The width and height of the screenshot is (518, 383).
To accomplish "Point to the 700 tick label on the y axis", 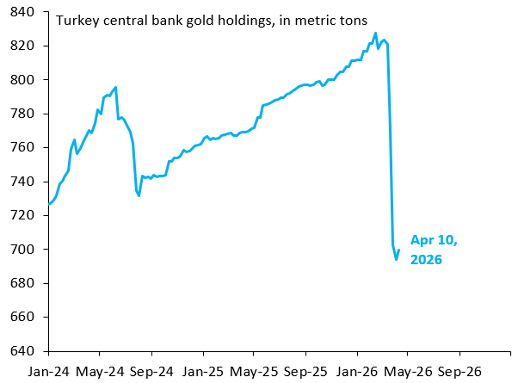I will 25,250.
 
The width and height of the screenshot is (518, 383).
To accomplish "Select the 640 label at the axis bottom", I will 25,351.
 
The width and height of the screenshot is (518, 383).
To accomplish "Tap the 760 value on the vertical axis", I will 25,148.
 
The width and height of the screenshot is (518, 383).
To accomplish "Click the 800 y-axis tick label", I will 25,80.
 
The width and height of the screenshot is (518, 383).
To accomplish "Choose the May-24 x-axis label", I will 100,371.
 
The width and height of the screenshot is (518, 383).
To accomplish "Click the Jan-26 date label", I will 357,371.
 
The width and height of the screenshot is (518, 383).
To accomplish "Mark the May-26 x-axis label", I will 408,371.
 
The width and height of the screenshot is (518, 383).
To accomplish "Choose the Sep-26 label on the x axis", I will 459,371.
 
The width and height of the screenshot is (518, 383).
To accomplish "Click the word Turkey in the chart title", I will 70,21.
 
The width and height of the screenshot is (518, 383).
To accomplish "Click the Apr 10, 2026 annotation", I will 433,250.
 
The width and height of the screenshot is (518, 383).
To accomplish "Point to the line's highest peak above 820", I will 376,33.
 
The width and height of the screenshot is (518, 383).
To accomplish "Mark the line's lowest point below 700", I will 396,260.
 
